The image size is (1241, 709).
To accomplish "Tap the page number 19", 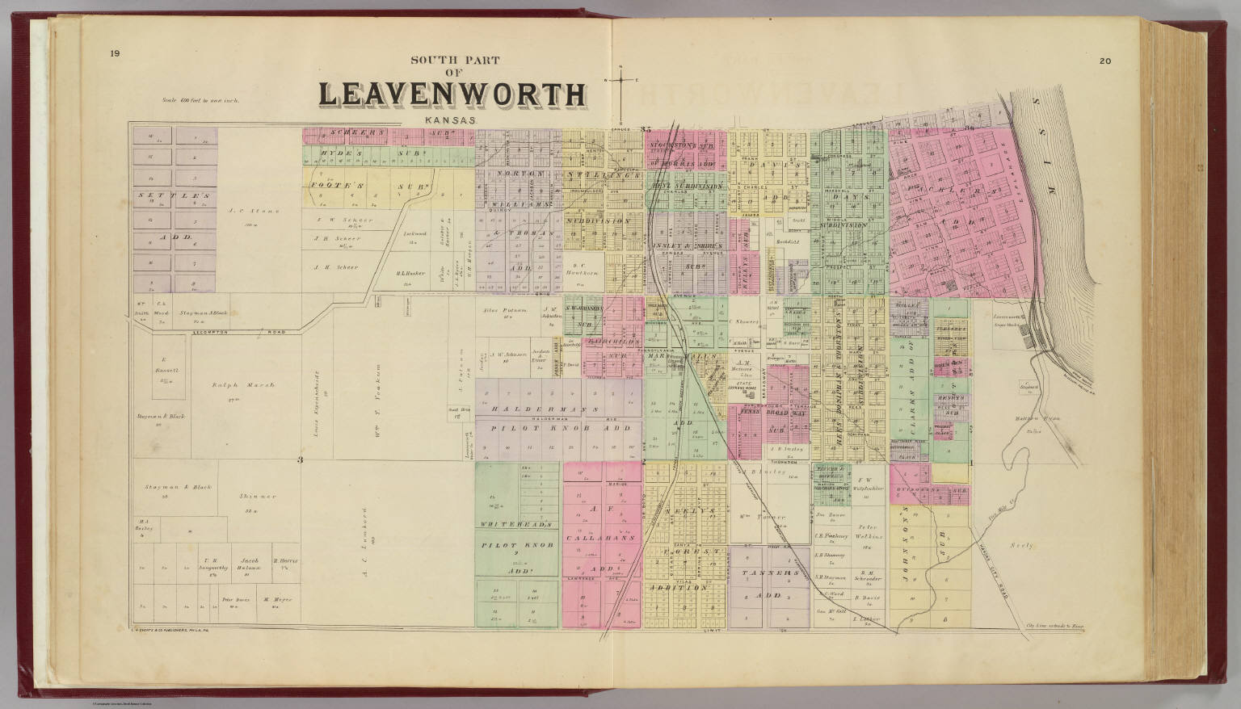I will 116,54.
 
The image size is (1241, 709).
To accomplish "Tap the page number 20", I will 1104,61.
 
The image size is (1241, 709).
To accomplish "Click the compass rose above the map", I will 621,80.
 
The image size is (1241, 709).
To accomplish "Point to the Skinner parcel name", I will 258,496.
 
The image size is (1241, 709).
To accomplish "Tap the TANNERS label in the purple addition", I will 768,573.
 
